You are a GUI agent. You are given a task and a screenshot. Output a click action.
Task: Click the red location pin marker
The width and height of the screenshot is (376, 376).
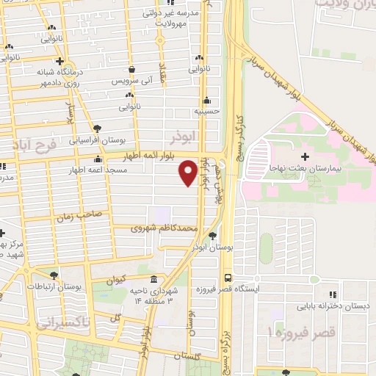click(188, 173)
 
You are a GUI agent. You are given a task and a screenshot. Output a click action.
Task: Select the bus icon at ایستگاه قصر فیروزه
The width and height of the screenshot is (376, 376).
click(228, 278)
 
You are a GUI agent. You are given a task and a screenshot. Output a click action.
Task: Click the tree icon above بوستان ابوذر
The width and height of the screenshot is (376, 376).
click(212, 236)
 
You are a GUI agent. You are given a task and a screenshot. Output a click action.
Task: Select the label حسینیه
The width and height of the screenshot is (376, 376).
click(208, 112)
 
